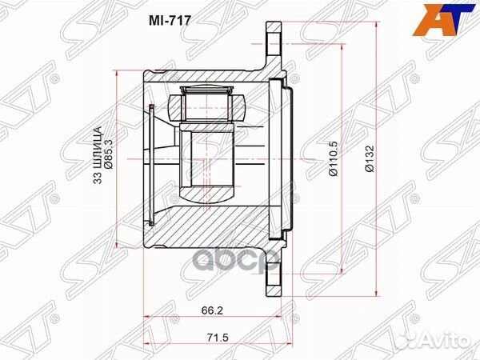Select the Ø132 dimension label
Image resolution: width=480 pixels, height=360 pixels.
click(x=369, y=161)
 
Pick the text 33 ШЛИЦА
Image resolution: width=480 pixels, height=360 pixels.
click(x=98, y=155)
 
